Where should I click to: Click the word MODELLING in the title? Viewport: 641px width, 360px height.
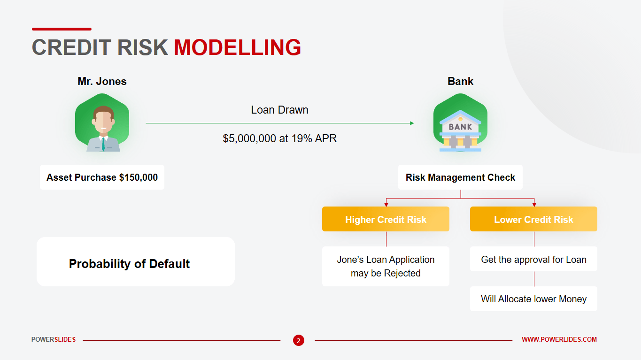pos(238,47)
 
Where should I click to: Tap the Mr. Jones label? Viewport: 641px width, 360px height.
pos(102,81)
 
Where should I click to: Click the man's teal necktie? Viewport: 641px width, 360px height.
pos(103,144)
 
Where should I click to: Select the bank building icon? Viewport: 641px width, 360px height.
pos(460,130)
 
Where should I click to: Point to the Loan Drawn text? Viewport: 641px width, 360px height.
pos(279,110)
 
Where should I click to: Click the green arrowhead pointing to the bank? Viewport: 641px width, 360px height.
pos(412,123)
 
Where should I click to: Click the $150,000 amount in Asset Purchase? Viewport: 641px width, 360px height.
pos(138,177)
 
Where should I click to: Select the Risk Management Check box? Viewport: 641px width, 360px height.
pos(460,177)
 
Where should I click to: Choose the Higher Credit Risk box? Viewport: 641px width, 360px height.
pos(386,219)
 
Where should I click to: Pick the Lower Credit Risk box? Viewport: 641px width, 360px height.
pos(533,219)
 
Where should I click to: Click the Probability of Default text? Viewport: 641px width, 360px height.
pos(129,264)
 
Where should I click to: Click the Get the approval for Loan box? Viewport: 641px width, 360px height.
pos(533,259)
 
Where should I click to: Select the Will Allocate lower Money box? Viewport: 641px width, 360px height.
pos(533,299)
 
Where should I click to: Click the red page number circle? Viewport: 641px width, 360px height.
pos(299,340)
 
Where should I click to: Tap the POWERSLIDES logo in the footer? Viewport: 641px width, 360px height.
pos(54,339)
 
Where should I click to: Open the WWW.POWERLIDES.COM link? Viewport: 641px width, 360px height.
pos(559,339)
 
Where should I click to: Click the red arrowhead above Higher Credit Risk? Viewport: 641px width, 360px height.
pos(386,205)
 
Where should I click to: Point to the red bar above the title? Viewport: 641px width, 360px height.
pos(62,29)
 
